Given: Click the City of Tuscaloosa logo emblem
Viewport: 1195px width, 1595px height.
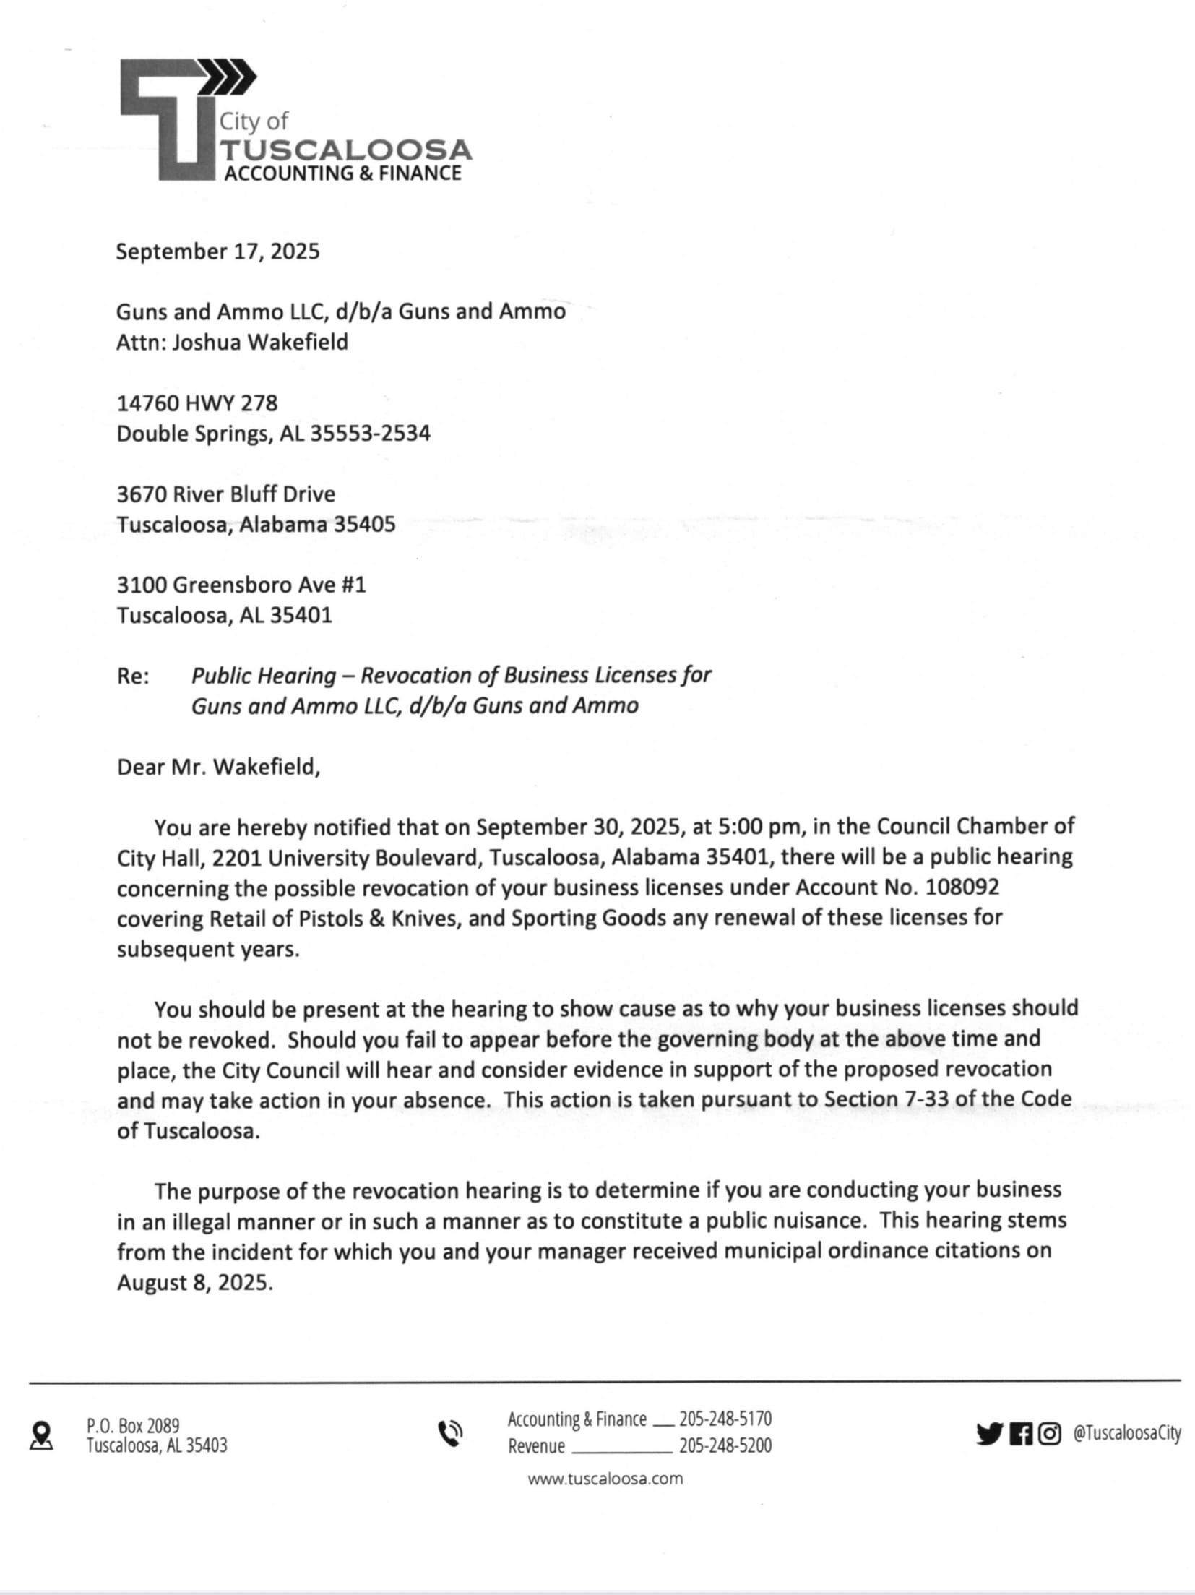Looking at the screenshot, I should click(173, 119).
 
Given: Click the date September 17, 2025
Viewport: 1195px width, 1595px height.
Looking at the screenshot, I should click(217, 251).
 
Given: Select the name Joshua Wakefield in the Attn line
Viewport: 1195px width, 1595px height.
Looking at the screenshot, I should click(260, 342).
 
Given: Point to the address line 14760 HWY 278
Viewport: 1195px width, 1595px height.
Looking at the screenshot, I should click(197, 403).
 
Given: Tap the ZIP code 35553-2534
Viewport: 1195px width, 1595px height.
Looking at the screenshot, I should click(370, 434).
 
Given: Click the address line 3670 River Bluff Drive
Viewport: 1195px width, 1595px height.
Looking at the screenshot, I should click(226, 494).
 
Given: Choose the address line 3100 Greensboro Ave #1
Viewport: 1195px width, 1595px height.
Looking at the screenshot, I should click(241, 585).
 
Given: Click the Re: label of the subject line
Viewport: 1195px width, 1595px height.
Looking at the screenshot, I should click(133, 676).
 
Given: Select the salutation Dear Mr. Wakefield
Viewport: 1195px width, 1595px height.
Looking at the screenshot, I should click(218, 767).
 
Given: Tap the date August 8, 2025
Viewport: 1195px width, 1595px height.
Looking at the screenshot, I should click(194, 1282).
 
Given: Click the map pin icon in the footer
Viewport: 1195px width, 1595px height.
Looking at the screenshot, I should click(42, 1435).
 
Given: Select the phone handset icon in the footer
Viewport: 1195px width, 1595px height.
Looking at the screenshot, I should click(450, 1434).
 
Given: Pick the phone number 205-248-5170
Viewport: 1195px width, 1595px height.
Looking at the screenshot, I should click(725, 1419).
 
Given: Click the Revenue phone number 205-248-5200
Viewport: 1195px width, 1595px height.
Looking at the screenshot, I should click(725, 1445).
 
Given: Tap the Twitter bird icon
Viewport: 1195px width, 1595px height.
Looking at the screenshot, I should click(989, 1434).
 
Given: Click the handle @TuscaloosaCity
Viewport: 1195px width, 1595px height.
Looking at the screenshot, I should click(1126, 1434).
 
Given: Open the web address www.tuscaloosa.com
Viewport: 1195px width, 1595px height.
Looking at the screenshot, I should click(605, 1479).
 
